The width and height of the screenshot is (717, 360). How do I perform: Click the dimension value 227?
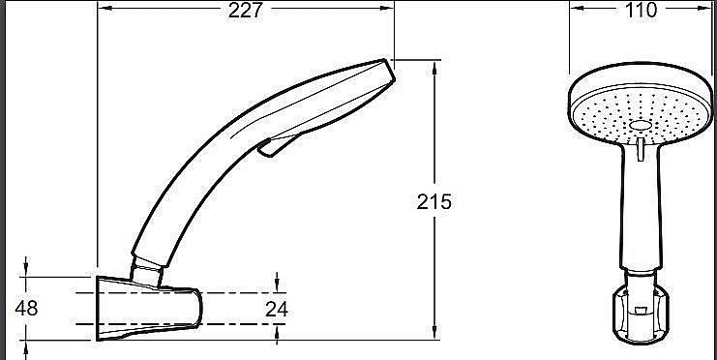(x=246, y=10)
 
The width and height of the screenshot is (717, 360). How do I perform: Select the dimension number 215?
(x=434, y=202)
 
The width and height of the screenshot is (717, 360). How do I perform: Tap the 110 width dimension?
(x=641, y=10)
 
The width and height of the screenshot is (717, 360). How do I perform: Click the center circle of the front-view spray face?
(x=641, y=126)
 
